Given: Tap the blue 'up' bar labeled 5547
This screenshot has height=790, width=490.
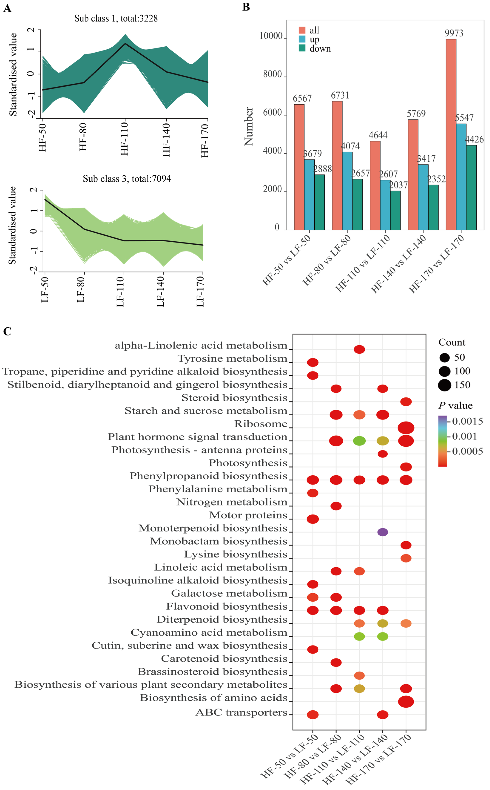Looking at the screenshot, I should tap(461, 177).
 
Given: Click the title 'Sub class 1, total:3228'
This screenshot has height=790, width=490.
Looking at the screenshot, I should tap(116, 19).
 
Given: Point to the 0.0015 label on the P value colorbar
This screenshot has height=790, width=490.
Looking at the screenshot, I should tap(467, 421).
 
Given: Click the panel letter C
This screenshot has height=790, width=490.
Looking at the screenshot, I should tap(7, 331).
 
